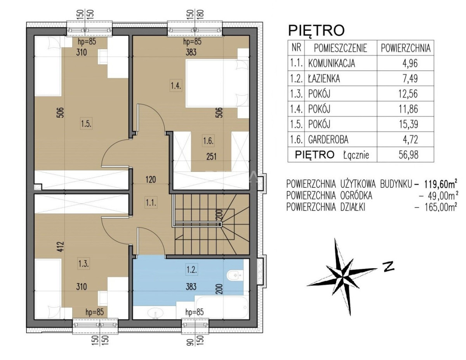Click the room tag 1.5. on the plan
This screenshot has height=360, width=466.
point(87,124)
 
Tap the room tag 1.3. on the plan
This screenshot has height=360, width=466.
point(83,264)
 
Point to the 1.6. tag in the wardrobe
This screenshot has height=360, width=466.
point(208,141)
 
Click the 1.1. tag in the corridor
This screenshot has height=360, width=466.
point(151,202)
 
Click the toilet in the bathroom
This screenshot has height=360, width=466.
point(235,275)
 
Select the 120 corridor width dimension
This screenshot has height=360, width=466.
point(151,180)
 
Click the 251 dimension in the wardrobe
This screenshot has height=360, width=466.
point(211,156)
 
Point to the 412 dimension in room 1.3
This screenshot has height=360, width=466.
point(61,246)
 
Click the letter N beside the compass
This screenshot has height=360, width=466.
point(389,266)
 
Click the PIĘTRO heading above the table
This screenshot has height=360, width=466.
point(316,30)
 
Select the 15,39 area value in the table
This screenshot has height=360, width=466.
point(408,124)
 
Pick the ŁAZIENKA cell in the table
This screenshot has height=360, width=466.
point(324,79)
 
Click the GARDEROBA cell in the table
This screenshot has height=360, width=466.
point(328,140)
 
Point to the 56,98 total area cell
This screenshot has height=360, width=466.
point(408,155)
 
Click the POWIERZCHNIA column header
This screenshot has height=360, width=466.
point(405,48)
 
